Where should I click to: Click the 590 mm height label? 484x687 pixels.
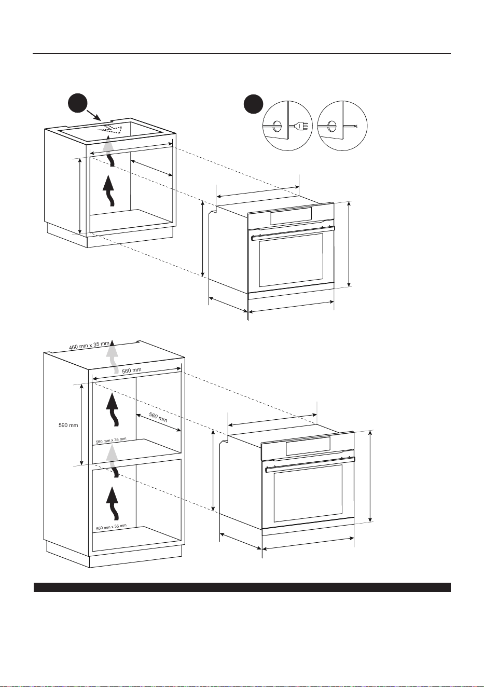point(68,425)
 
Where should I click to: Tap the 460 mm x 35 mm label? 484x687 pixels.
point(89,346)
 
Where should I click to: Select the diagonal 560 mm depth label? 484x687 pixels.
point(158,417)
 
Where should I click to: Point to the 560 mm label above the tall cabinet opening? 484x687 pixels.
point(132,370)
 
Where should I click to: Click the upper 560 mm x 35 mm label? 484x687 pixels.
point(111,441)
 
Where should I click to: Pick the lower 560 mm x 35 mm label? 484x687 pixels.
point(111,527)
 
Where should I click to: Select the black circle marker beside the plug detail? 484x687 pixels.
point(253,104)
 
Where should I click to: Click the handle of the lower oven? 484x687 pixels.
point(310,464)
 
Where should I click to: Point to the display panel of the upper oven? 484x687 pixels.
point(291,215)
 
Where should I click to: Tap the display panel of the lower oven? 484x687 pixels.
point(308,446)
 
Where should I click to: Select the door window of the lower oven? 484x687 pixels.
point(308,493)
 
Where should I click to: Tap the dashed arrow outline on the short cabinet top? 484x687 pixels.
point(110,129)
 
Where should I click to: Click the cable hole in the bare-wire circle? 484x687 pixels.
point(331,126)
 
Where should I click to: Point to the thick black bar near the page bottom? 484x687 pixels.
point(242,587)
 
